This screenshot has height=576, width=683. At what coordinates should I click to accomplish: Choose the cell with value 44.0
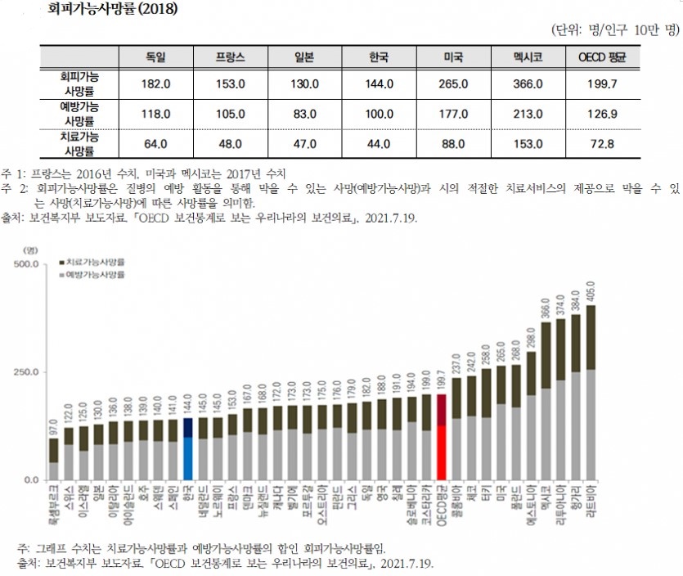click(379, 144)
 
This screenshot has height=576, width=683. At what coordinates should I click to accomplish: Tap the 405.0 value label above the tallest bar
click(590, 293)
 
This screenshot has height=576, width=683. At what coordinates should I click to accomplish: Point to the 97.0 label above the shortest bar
click(53, 426)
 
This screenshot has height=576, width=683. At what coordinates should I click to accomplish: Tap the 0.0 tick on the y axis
click(30, 479)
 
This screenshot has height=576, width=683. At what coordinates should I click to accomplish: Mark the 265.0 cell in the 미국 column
click(453, 83)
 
